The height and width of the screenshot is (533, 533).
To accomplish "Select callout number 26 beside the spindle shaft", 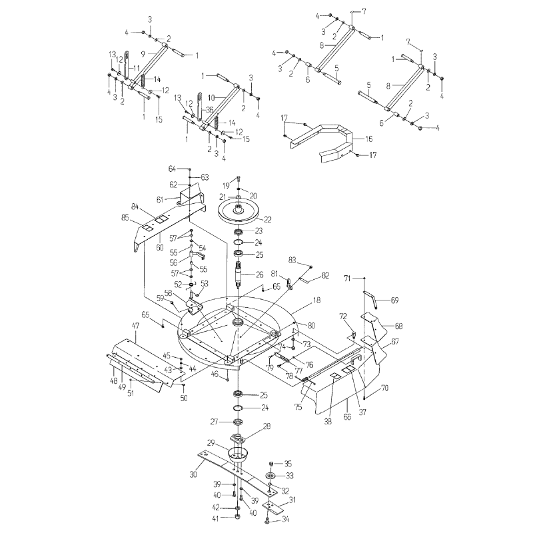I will click(260, 274).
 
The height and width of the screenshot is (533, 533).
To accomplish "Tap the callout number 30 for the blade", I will click(193, 475).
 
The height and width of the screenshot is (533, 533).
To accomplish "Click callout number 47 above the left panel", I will click(135, 326).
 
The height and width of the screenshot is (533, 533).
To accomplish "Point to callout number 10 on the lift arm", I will click(210, 97).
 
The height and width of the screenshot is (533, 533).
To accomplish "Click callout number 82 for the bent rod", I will click(325, 274).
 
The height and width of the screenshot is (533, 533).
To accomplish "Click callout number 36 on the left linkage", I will click(210, 110).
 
